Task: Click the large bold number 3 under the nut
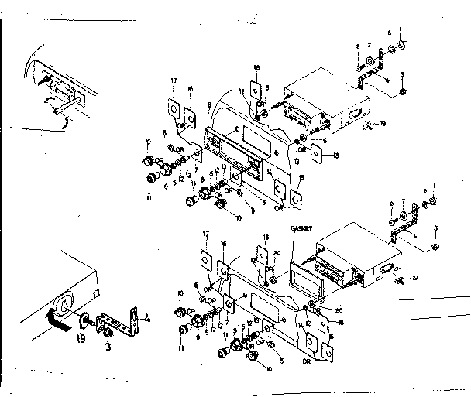[108, 347]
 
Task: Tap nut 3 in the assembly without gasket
[404, 92]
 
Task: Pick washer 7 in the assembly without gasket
[371, 56]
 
